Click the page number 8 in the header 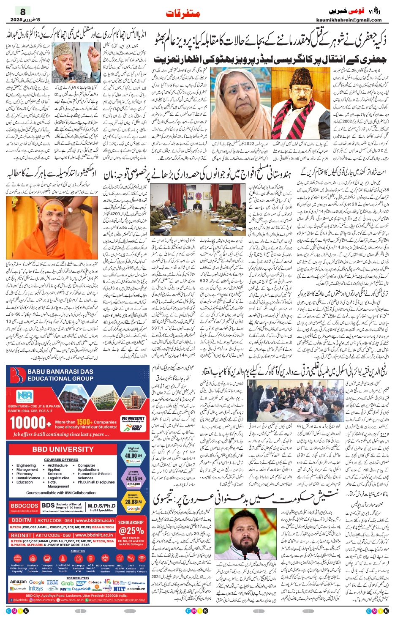click(23, 12)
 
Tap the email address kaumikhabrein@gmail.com click(349, 20)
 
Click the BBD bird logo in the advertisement click(18, 375)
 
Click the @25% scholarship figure click(131, 530)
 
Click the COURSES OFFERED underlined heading click(61, 459)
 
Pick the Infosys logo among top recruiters click(35, 588)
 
